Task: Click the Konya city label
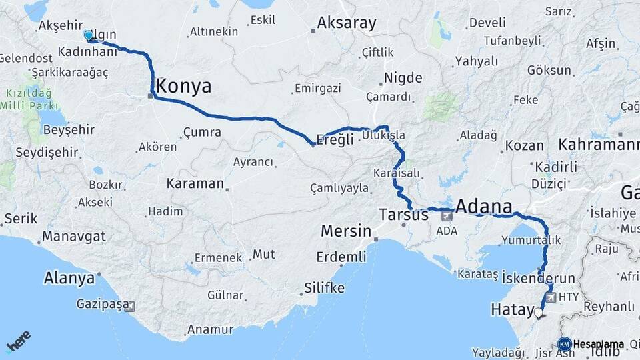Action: (184, 86)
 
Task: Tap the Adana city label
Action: (484, 205)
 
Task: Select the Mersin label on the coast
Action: (346, 231)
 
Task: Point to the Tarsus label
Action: (403, 215)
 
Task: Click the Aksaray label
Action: (347, 23)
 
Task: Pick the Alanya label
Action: (69, 278)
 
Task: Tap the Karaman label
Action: (195, 183)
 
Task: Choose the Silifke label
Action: (324, 288)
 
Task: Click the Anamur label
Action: (210, 329)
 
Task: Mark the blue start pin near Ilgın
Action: (88, 35)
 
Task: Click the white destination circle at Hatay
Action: (539, 311)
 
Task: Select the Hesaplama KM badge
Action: (563, 344)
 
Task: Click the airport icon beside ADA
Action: (446, 216)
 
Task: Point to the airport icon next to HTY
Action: (551, 297)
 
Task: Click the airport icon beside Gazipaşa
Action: (129, 307)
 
